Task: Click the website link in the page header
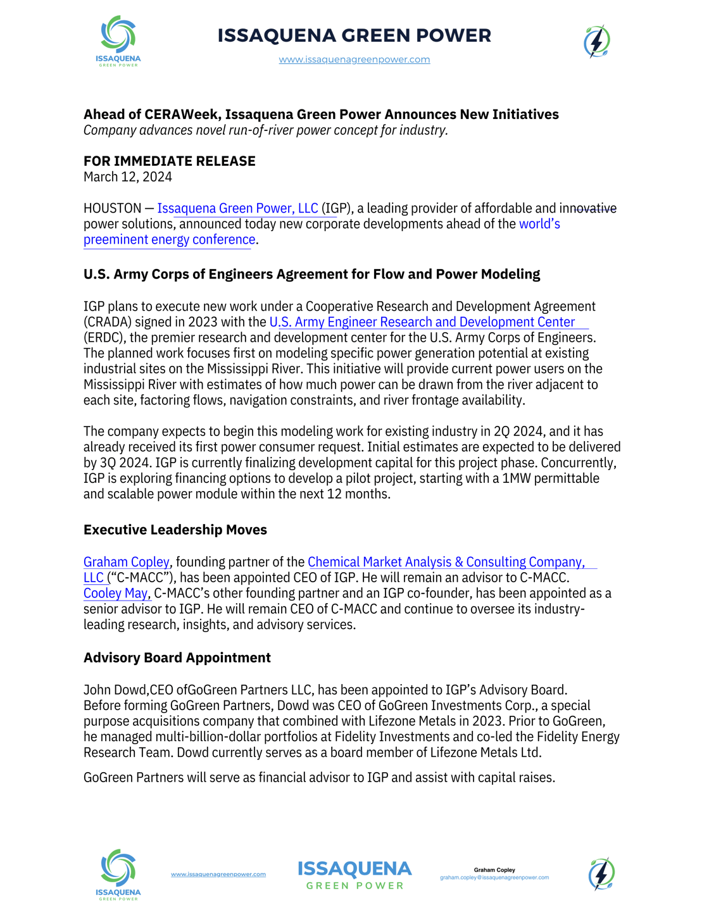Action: (x=354, y=59)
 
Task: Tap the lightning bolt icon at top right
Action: (x=596, y=42)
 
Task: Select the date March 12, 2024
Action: (x=128, y=177)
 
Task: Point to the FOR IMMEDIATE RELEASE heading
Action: (x=170, y=161)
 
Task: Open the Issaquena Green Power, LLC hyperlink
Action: (x=237, y=208)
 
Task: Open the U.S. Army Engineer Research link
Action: (x=422, y=322)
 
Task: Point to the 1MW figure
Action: (x=517, y=478)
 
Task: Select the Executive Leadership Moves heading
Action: (x=175, y=530)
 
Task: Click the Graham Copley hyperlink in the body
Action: (x=127, y=562)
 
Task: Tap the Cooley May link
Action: (x=116, y=594)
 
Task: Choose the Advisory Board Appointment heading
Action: (x=177, y=658)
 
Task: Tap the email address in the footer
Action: (x=494, y=878)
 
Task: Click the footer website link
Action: (x=218, y=875)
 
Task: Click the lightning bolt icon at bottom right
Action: (x=601, y=875)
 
